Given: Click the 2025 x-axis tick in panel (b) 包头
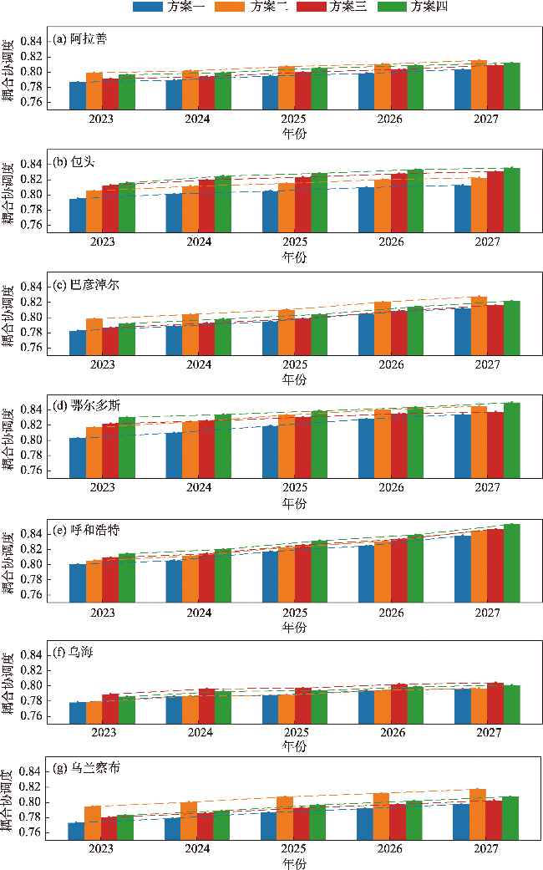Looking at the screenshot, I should tap(294, 242).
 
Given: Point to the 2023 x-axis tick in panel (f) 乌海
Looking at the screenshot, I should tap(103, 732).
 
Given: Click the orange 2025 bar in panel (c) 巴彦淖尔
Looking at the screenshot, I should tap(287, 332).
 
